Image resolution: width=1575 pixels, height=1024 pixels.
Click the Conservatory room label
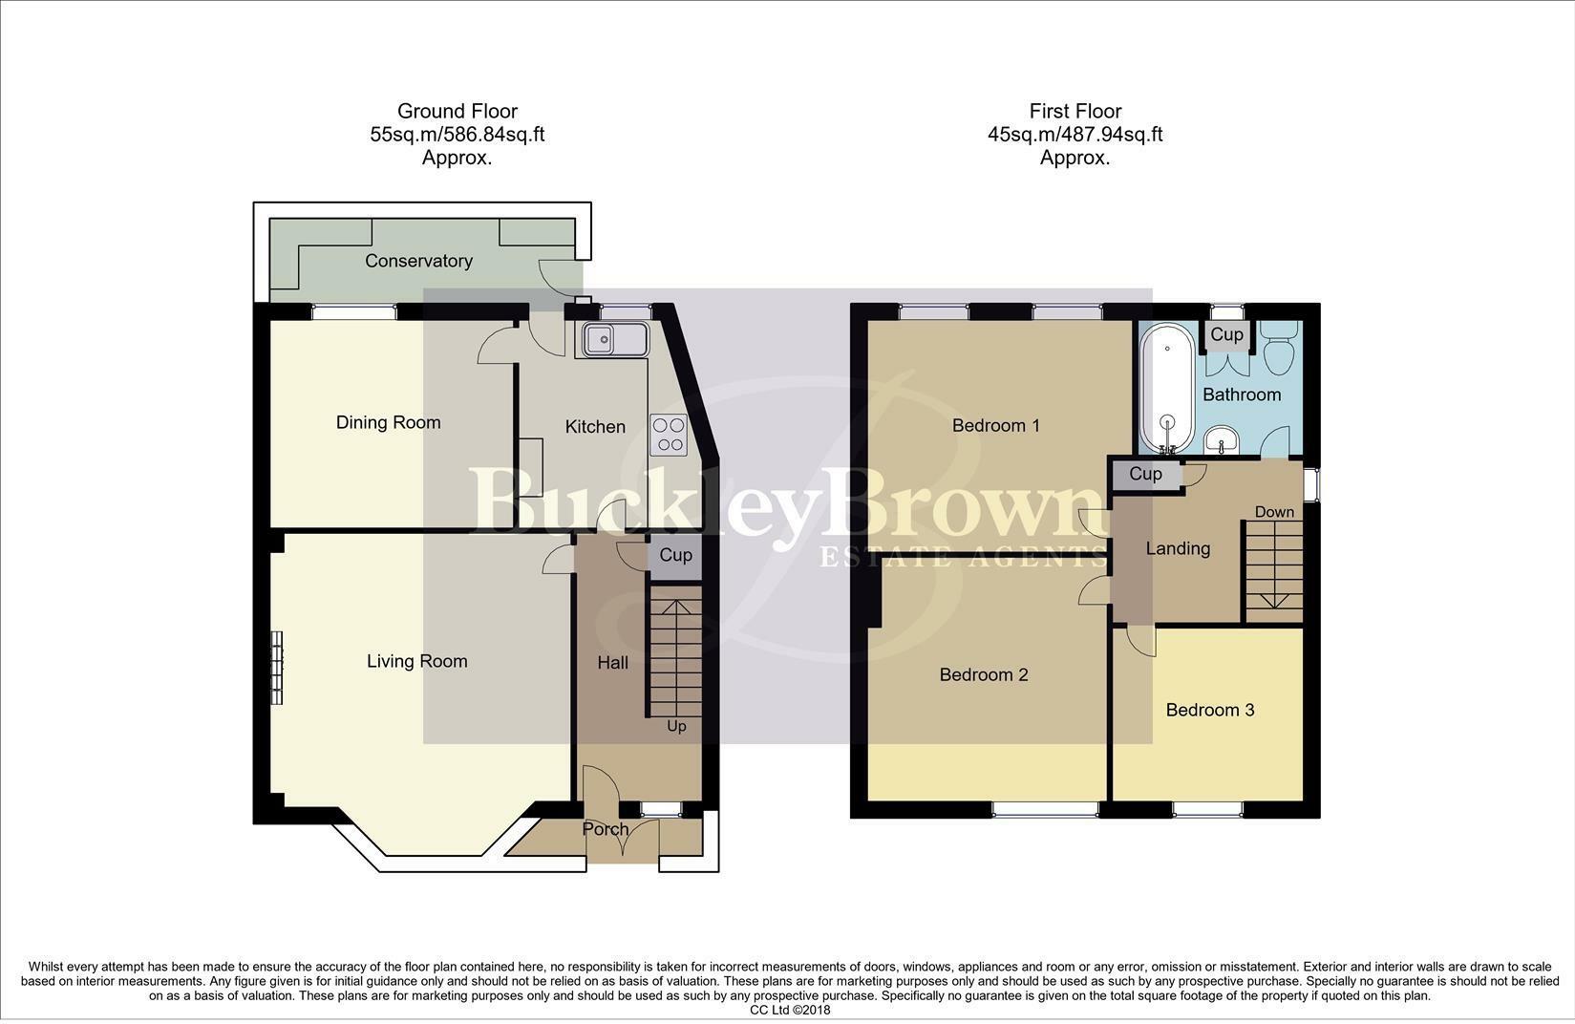[418, 261]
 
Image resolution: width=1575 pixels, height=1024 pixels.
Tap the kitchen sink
[611, 339]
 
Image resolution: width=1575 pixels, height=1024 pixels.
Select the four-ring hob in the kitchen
[668, 434]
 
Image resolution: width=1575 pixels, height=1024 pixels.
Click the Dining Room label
[388, 422]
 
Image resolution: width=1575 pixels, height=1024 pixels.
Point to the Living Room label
[416, 661]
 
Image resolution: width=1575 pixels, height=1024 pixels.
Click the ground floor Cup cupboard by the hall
[675, 555]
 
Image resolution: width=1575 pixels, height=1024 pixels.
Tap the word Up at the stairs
[676, 726]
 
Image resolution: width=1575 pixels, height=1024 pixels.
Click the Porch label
[606, 829]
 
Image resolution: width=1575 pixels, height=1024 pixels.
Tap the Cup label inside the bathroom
[1226, 334]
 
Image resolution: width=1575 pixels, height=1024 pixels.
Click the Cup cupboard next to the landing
[1145, 474]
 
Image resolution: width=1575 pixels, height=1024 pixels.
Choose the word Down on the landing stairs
[1274, 512]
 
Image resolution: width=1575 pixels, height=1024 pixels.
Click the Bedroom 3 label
[1209, 710]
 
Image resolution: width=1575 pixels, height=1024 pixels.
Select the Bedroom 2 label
[983, 674]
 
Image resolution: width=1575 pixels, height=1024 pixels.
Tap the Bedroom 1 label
[995, 425]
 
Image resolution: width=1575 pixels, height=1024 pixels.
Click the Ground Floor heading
[457, 111]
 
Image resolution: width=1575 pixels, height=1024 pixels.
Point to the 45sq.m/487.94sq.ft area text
[1075, 135]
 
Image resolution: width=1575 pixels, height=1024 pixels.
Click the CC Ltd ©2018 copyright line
[790, 1010]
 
